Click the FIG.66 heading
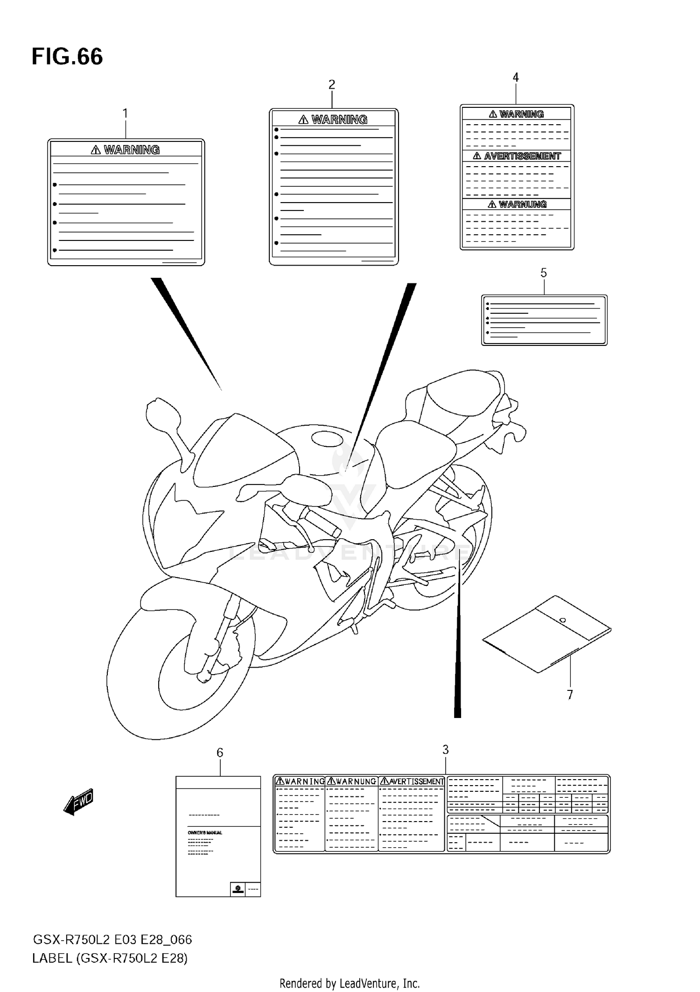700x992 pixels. [67, 56]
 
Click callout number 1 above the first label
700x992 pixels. [125, 113]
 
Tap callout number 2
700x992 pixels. [332, 84]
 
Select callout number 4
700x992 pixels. [516, 77]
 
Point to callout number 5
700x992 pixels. [544, 273]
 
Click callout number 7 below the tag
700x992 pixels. [570, 695]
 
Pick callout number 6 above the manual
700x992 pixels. [220, 753]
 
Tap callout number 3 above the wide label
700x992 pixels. [446, 750]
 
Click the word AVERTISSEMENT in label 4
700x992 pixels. [522, 156]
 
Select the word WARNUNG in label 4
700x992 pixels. [522, 204]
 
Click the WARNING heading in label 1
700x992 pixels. [131, 150]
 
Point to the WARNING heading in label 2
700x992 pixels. [339, 120]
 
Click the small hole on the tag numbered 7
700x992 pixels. [562, 620]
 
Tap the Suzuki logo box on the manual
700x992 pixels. [238, 889]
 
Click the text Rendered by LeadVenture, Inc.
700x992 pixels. [350, 983]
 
